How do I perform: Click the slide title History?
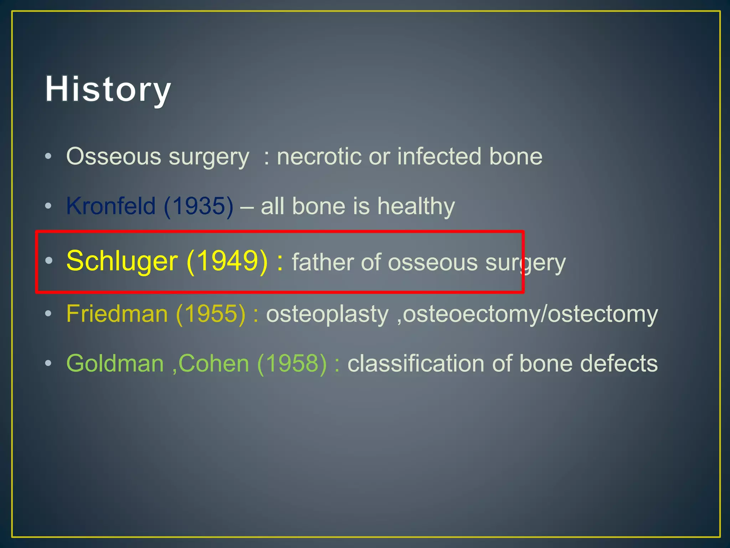click(108, 89)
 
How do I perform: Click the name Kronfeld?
click(111, 206)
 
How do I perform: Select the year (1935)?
click(199, 206)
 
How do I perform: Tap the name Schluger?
click(122, 261)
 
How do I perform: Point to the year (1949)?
click(227, 261)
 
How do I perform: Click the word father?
click(323, 262)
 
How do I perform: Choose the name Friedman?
click(117, 314)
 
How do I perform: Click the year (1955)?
click(211, 314)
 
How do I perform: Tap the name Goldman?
click(115, 364)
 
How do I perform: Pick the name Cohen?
click(214, 364)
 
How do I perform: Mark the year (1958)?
click(292, 364)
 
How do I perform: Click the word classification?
click(416, 364)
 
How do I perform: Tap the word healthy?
click(416, 207)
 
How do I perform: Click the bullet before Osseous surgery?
click(48, 156)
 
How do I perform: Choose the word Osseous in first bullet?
click(114, 157)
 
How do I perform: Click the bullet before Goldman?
click(48, 363)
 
